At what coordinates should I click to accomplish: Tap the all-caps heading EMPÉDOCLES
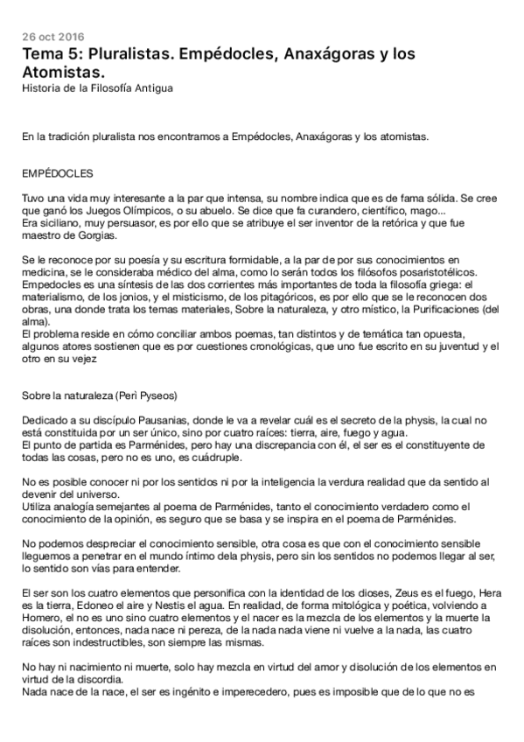pos(59,172)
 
